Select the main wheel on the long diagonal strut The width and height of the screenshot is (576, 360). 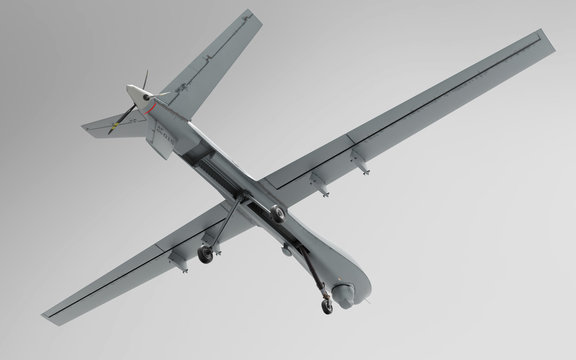[205, 255]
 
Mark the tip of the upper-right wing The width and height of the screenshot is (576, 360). [546, 40]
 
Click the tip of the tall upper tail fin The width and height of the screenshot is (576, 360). [223, 18]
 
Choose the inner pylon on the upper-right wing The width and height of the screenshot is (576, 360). [318, 180]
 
